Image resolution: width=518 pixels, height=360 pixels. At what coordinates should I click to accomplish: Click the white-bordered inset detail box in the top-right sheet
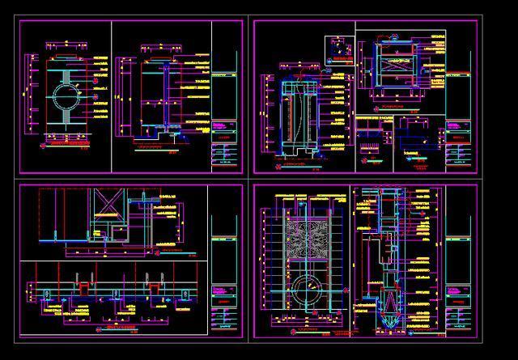[x=339, y=49]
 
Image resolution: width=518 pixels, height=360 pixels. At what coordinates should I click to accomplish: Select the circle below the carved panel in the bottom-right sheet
[x=306, y=288]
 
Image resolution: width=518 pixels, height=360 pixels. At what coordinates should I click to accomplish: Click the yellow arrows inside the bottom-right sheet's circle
[x=306, y=289]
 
